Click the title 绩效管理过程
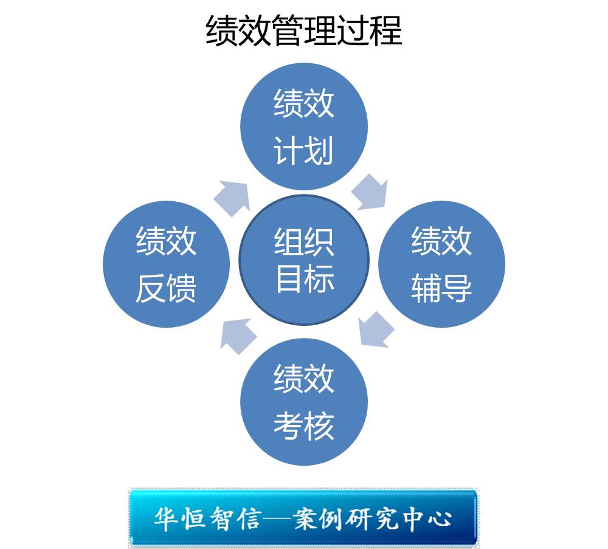[304, 31]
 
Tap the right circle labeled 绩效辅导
[442, 264]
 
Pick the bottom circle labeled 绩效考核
[304, 402]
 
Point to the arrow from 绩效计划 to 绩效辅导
[370, 192]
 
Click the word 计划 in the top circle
[304, 150]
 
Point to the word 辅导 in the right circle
[442, 288]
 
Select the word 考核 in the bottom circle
[304, 426]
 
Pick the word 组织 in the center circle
[304, 242]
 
